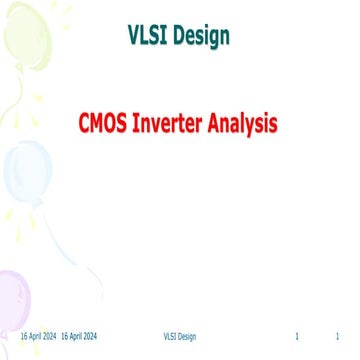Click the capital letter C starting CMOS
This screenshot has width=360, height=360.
pyautogui.click(x=86, y=125)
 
